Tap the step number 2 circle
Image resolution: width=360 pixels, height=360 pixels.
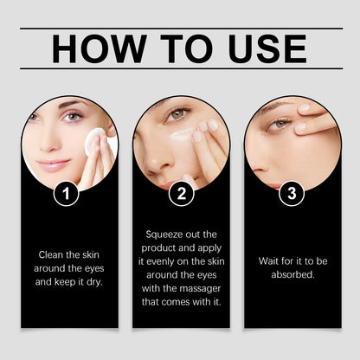tap(181, 195)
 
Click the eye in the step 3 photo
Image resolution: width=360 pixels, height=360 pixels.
tap(280, 124)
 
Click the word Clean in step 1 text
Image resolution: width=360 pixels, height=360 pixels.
tap(49, 254)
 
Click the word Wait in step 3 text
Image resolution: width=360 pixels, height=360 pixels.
tap(271, 260)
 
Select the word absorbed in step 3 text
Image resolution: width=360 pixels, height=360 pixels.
tap(292, 274)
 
